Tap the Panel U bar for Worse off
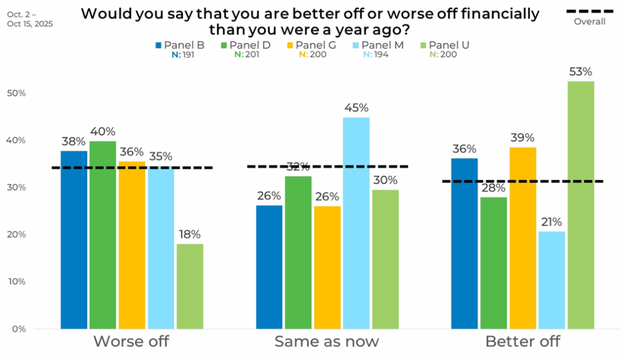tap(190, 286)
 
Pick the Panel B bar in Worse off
tap(74, 240)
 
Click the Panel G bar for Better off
tap(523, 238)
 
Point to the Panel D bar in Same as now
tap(298, 252)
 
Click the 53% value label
tap(581, 72)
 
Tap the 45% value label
tap(356, 108)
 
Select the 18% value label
tap(190, 235)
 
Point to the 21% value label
tap(552, 223)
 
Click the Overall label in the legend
tap(590, 22)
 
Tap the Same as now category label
tap(327, 342)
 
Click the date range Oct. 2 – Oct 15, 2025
tap(30, 18)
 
